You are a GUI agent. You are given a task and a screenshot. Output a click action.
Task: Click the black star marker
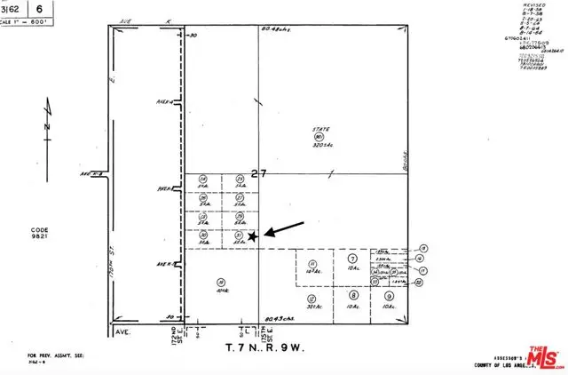tap(253, 235)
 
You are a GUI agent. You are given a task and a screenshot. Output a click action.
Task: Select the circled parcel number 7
tap(352, 257)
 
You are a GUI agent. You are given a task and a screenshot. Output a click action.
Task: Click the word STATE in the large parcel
tap(319, 127)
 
